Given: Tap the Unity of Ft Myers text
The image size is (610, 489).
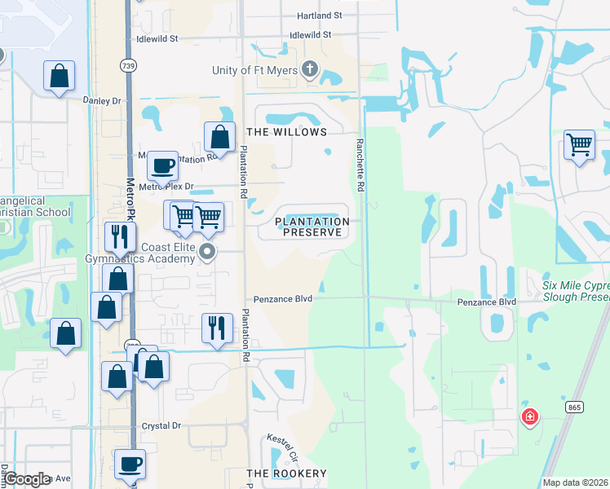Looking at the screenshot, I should click(x=254, y=71).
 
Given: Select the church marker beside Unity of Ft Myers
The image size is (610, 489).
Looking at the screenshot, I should click(x=310, y=69).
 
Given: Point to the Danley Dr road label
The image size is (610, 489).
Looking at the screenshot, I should click(x=102, y=100).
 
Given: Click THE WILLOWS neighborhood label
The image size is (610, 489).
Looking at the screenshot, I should click(x=286, y=132).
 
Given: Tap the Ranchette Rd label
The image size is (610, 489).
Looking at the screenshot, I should click(x=359, y=165).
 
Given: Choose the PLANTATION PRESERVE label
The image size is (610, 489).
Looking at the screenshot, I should click(x=312, y=227).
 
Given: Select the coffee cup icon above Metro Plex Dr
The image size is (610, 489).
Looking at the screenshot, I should click(x=162, y=166).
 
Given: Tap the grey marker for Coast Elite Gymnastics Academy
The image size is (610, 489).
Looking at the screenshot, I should click(x=208, y=253).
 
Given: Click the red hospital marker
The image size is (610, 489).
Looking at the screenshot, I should click(x=530, y=418).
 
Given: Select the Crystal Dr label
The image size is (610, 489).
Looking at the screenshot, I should click(x=161, y=426).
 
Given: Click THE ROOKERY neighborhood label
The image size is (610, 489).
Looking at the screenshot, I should click(x=286, y=474).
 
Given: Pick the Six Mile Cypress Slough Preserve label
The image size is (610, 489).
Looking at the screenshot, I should click(x=576, y=291).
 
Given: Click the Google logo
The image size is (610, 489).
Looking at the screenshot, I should click(x=27, y=479).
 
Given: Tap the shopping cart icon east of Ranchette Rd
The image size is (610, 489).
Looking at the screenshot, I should click(x=579, y=146).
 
